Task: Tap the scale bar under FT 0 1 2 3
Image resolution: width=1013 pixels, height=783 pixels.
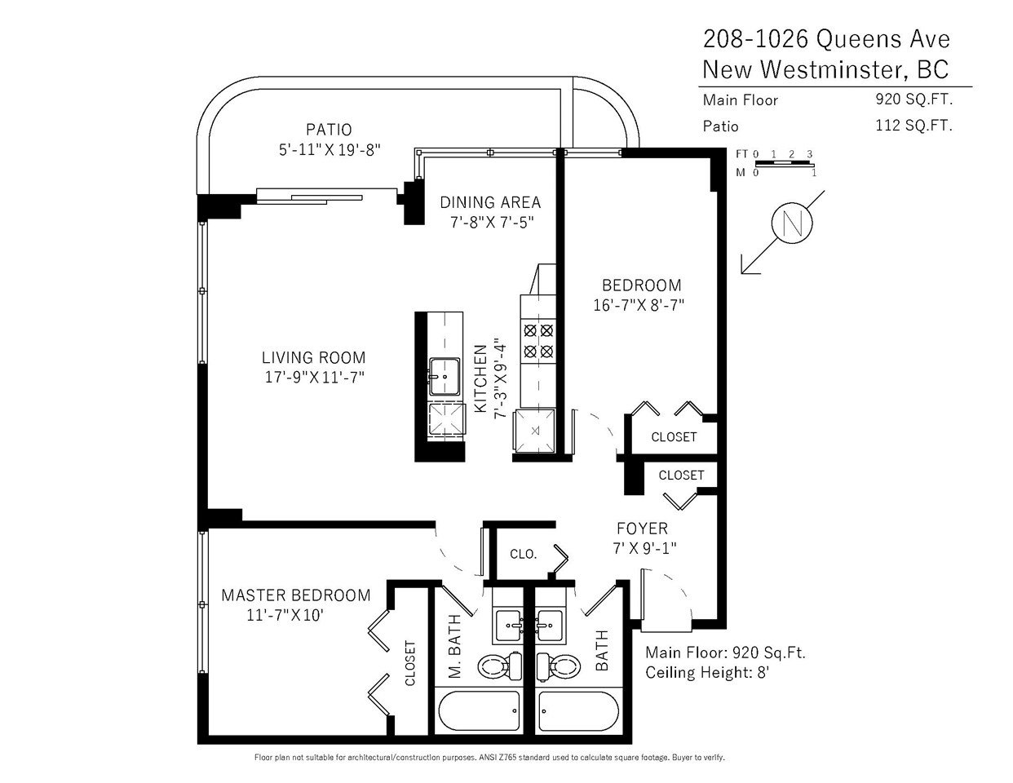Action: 784,164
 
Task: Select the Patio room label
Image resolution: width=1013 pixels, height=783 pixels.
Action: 329,129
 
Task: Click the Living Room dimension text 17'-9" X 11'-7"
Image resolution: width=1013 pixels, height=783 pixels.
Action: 315,377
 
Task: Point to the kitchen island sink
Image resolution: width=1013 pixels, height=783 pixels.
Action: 445,377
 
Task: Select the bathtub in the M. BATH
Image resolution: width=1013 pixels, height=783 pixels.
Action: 480,710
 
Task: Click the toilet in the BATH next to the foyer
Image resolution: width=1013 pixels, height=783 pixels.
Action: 559,665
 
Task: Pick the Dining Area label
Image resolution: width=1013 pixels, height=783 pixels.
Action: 490,202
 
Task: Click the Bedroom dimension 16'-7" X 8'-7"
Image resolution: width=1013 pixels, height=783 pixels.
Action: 639,305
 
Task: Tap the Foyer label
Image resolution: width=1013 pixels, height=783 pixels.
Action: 643,529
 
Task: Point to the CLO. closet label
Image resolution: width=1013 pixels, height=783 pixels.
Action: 523,554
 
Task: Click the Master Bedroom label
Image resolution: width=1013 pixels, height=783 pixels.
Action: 296,595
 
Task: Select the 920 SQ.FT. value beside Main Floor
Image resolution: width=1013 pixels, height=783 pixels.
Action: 913,100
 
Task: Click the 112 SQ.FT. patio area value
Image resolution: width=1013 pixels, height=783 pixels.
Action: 913,126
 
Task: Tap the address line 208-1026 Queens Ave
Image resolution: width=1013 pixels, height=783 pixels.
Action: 826,39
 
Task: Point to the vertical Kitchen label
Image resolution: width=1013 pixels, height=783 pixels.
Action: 480,379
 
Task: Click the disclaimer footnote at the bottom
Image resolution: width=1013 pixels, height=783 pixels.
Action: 489,758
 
